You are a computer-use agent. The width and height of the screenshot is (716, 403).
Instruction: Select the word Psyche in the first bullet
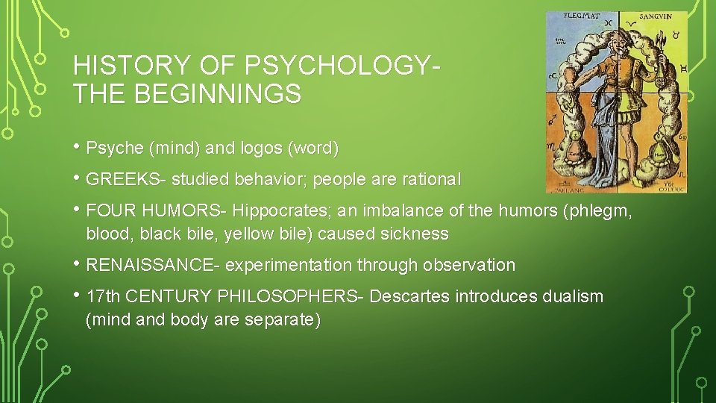point(115,149)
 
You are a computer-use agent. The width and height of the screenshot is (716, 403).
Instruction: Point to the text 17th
point(104,296)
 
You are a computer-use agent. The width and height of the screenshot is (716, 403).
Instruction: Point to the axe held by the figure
point(660,41)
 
